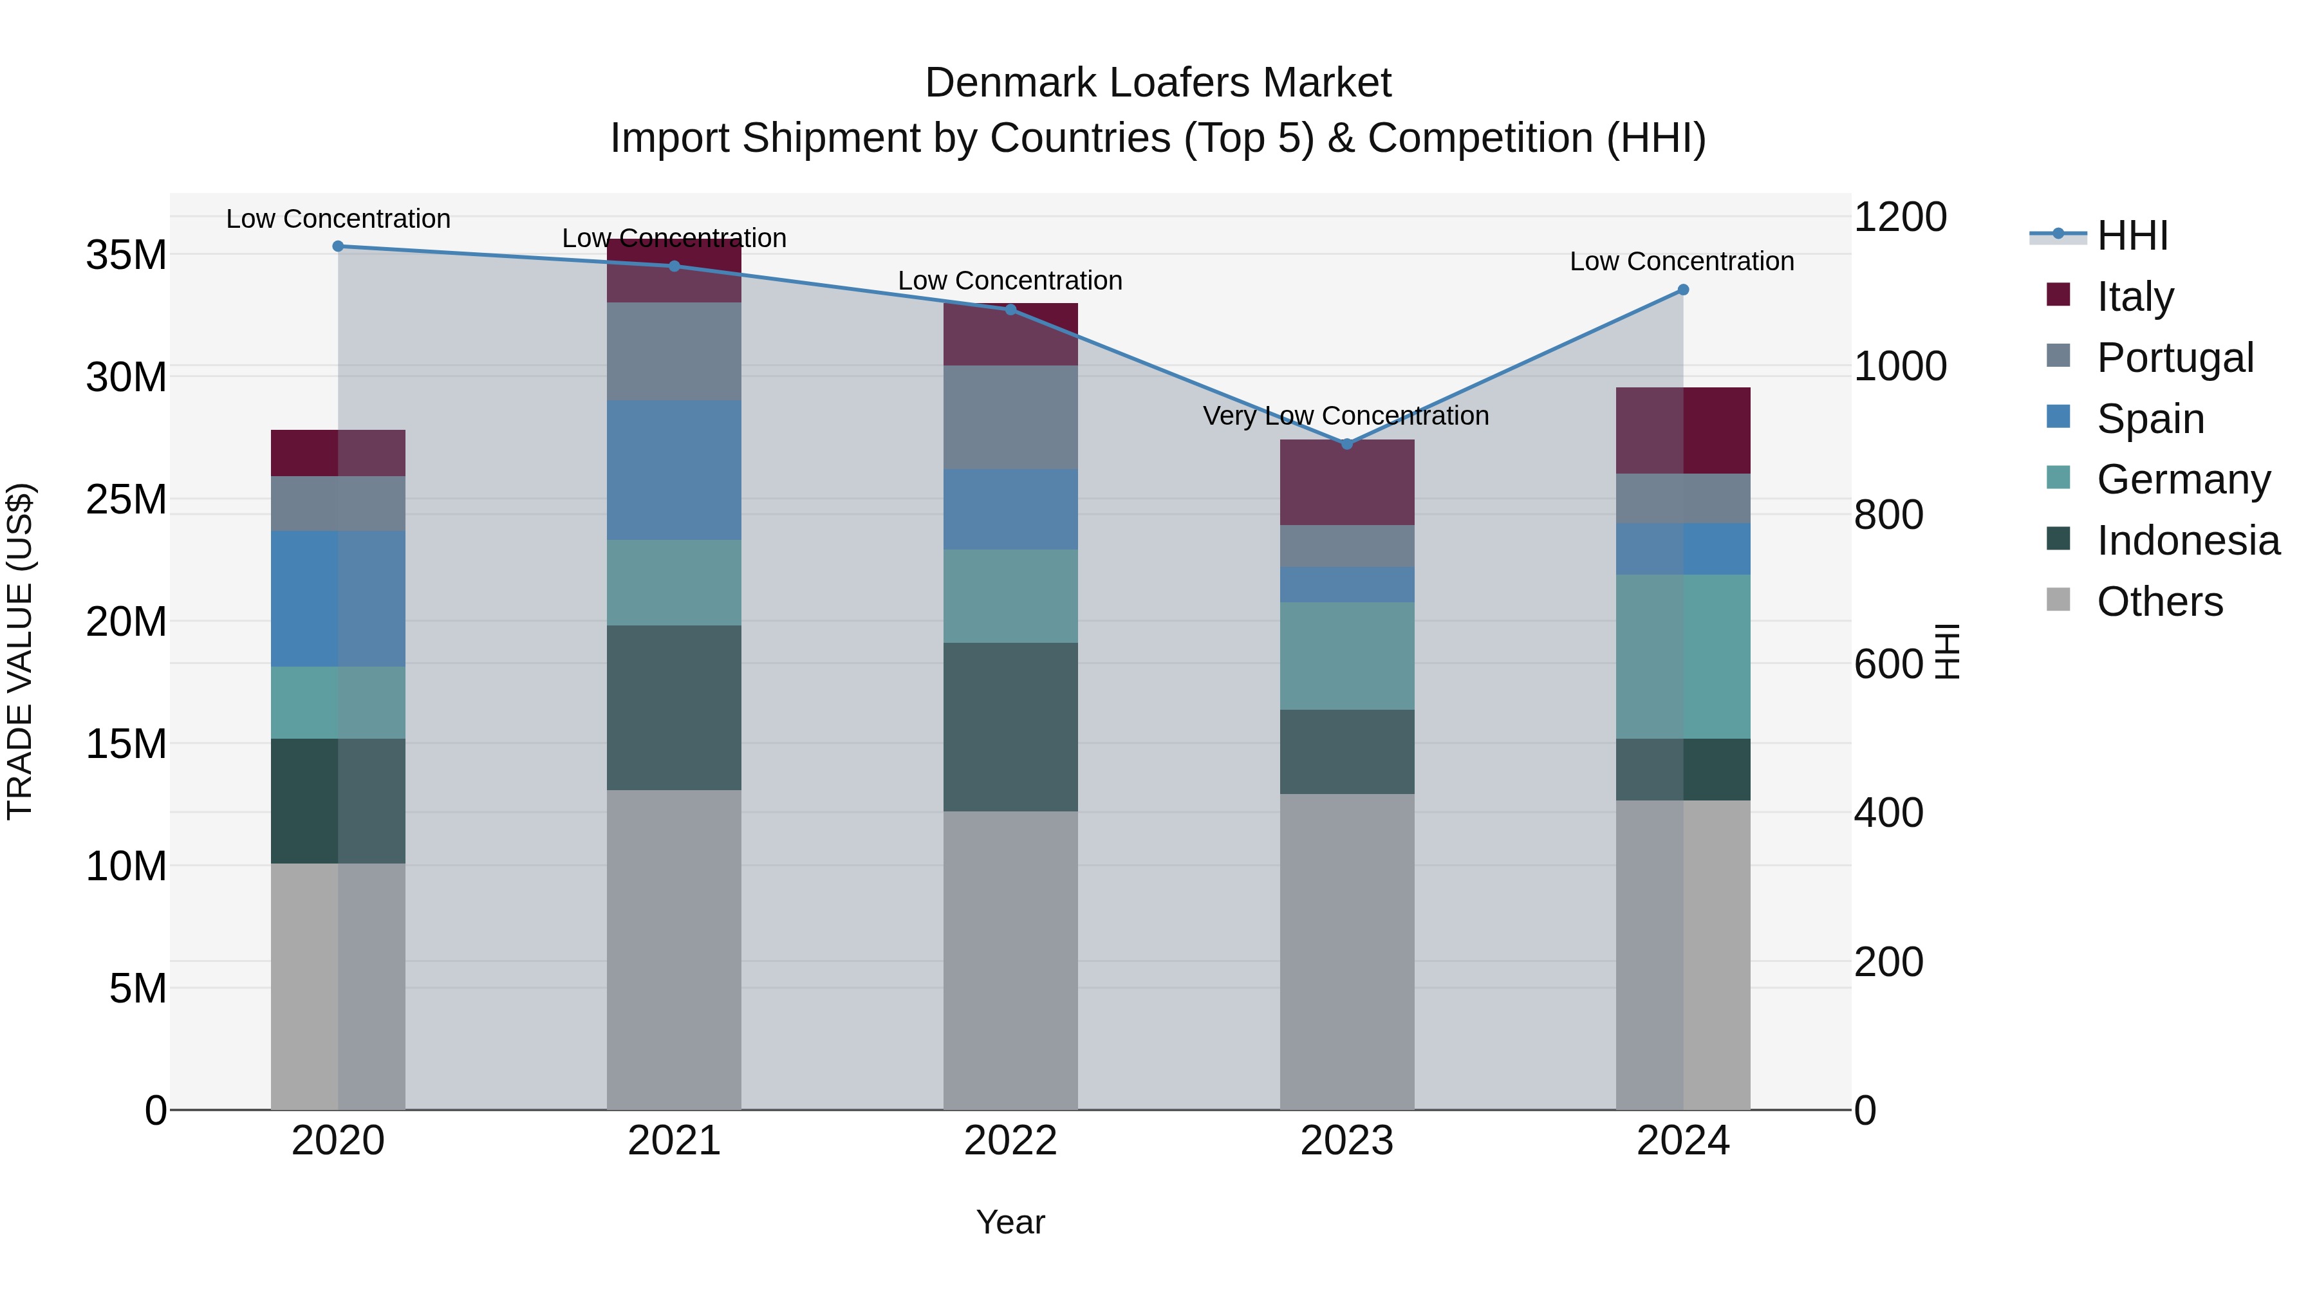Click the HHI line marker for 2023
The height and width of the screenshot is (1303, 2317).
point(1346,444)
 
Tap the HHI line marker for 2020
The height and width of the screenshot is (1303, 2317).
point(338,246)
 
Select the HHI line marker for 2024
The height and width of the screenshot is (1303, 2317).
point(1683,290)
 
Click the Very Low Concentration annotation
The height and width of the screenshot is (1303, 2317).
point(1346,416)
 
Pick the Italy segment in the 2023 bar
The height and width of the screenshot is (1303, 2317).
point(1346,483)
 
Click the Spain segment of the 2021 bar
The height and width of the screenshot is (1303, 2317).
point(674,470)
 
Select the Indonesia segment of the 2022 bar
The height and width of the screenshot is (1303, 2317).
point(1010,726)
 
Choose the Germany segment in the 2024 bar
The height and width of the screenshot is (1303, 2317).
point(1683,656)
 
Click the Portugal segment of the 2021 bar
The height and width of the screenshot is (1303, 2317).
point(674,351)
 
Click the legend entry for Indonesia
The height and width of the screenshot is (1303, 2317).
point(2188,541)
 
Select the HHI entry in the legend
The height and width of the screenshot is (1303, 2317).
point(2132,236)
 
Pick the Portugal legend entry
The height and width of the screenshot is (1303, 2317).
point(2174,358)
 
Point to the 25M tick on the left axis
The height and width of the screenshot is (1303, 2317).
point(126,500)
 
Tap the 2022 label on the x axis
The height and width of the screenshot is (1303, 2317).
point(1010,1141)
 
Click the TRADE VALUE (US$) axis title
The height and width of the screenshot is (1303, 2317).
point(20,651)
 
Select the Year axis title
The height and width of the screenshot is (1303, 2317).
point(1010,1222)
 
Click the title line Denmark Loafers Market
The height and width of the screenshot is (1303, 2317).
point(1158,83)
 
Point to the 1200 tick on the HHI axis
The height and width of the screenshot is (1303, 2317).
point(1900,217)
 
